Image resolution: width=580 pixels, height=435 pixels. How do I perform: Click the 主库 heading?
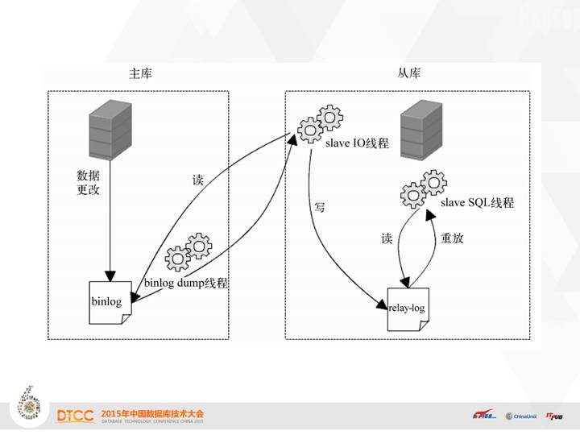(140, 74)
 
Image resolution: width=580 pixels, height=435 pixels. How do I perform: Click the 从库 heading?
(408, 74)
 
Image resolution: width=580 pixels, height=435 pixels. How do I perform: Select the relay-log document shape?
(408, 307)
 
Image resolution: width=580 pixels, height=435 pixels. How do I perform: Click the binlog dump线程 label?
(186, 284)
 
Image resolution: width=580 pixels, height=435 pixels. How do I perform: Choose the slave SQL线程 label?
(477, 203)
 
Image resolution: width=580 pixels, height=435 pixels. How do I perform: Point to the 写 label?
(320, 207)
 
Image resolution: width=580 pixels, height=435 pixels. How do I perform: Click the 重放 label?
(451, 238)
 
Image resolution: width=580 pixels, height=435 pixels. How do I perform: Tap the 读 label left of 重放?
(387, 238)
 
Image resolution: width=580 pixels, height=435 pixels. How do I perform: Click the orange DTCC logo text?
(76, 416)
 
